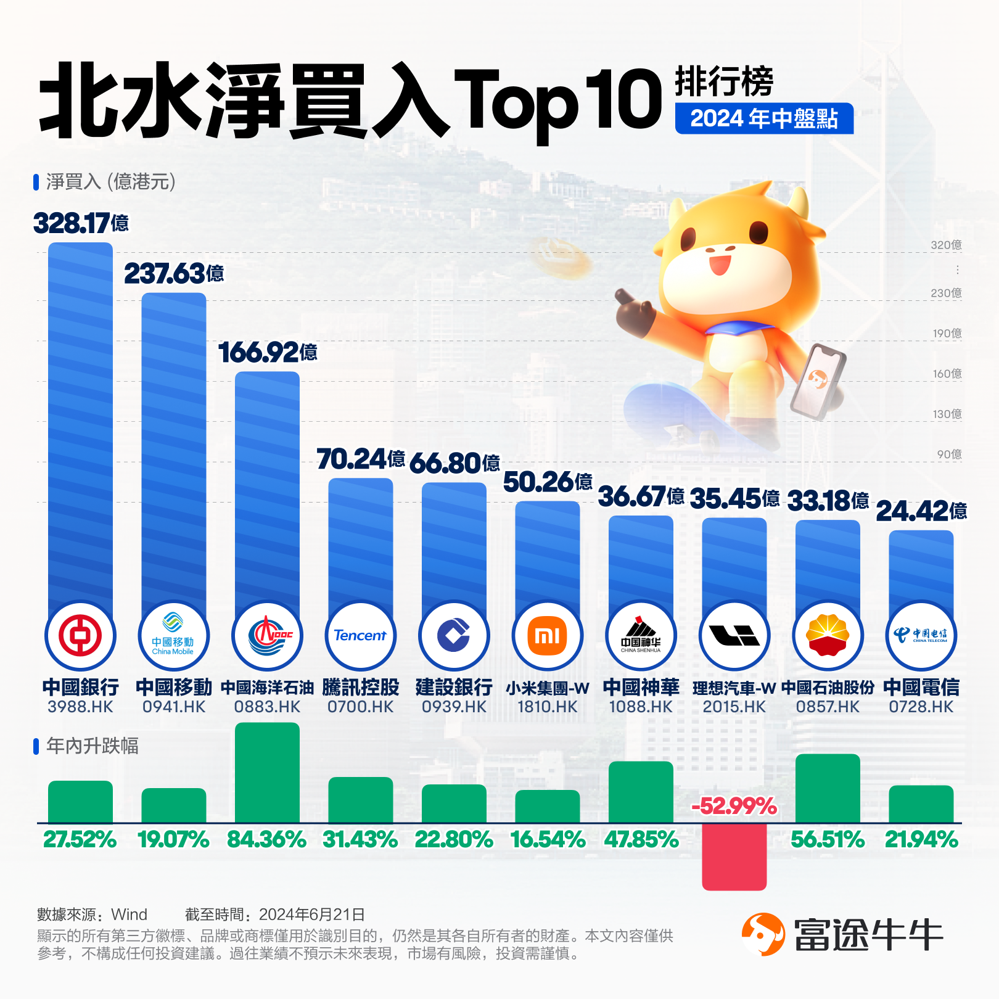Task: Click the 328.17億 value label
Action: click(81, 223)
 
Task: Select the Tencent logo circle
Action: click(360, 635)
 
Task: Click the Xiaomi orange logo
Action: click(547, 635)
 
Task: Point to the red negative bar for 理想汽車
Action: click(734, 857)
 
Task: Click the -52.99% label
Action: click(734, 806)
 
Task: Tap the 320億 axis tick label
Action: click(946, 245)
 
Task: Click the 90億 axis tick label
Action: click(949, 454)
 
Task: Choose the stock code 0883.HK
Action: click(267, 707)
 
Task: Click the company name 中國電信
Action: click(921, 687)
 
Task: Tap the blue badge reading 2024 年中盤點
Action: click(764, 118)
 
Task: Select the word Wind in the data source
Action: click(129, 915)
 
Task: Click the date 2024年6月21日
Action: click(312, 915)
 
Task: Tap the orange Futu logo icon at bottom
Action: click(763, 934)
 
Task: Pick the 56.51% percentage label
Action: click(828, 840)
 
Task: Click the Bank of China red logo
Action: click(80, 635)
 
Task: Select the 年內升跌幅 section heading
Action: click(92, 746)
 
